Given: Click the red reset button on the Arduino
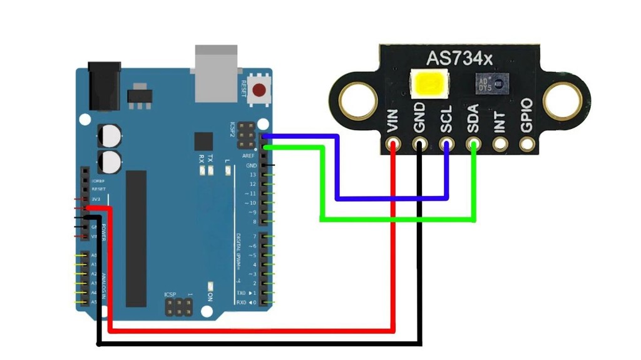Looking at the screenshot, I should point(259,93).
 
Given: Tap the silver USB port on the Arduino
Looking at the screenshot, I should point(217,72).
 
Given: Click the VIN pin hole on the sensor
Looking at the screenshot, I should point(392,145).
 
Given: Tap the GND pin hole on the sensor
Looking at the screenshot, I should point(419,145).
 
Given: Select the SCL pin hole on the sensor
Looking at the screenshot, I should point(446,145).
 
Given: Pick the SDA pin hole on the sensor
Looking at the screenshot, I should point(473,145).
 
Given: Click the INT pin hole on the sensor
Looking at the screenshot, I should point(500,145).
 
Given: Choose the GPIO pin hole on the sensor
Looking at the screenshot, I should point(527,145).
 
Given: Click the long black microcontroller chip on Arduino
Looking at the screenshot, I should point(136,239).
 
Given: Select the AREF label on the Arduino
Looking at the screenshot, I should point(249,155).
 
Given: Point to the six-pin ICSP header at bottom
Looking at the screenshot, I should point(178,307).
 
